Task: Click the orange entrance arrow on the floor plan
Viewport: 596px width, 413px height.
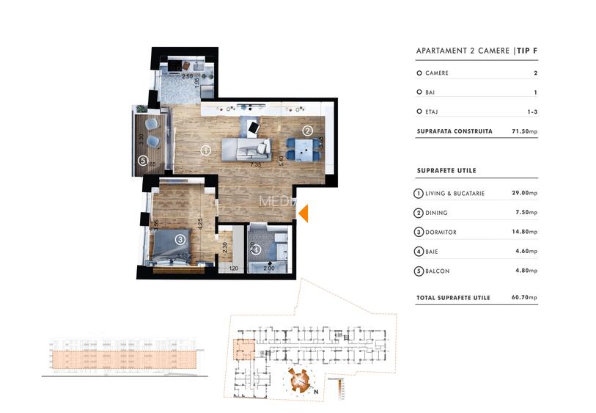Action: pos(303,213)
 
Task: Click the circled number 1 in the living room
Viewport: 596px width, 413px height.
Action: pos(206,150)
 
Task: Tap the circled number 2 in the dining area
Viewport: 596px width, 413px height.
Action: pos(308,131)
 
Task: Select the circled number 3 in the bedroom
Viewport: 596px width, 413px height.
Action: pos(180,238)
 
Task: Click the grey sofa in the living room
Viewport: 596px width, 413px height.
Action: pos(246,149)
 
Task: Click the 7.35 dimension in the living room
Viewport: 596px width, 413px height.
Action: pos(255,165)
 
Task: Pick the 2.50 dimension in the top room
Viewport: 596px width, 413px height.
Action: pos(188,76)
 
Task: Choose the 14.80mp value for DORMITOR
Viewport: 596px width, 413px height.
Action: pos(524,233)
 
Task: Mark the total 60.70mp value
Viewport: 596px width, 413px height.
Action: pos(524,298)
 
